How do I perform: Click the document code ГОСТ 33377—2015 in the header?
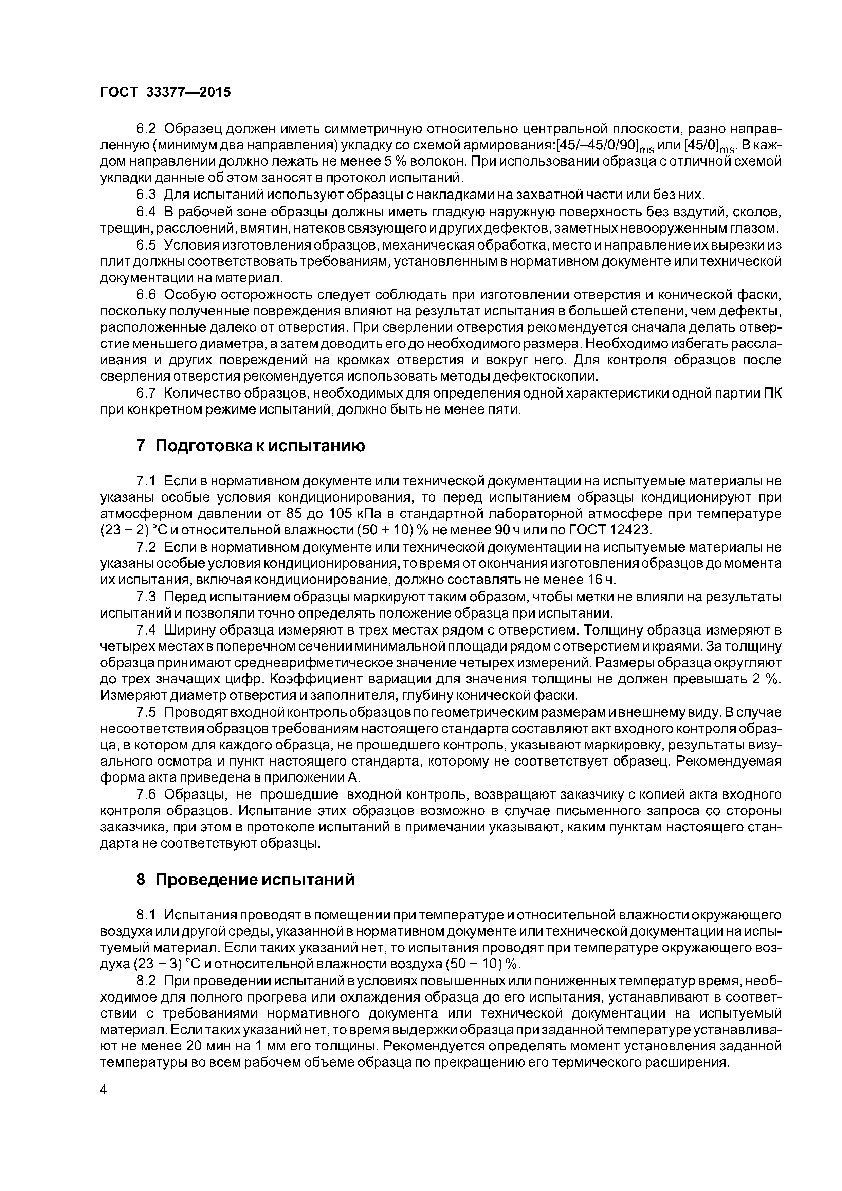(x=165, y=92)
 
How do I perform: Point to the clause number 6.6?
(x=146, y=295)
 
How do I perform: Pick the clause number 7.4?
(x=146, y=630)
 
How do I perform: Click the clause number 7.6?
(x=146, y=794)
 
